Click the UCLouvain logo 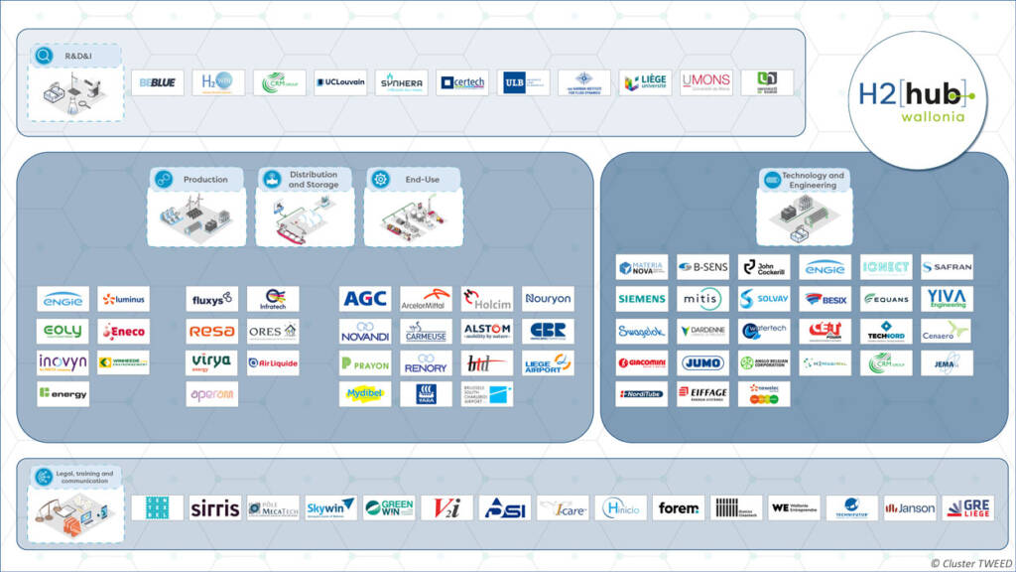pyautogui.click(x=340, y=82)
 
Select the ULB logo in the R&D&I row pyautogui.click(x=524, y=82)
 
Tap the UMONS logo pyautogui.click(x=706, y=82)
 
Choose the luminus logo pyautogui.click(x=124, y=299)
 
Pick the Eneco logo pyautogui.click(x=124, y=331)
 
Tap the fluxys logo pyautogui.click(x=211, y=299)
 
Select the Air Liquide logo pyautogui.click(x=272, y=362)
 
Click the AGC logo pyautogui.click(x=365, y=299)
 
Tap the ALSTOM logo pyautogui.click(x=487, y=331)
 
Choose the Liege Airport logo pyautogui.click(x=548, y=362)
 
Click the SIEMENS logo pyautogui.click(x=641, y=299)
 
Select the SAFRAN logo pyautogui.click(x=947, y=267)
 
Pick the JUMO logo pyautogui.click(x=702, y=362)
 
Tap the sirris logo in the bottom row pyautogui.click(x=214, y=507)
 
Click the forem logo pyautogui.click(x=679, y=507)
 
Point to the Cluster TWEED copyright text pyautogui.click(x=970, y=563)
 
